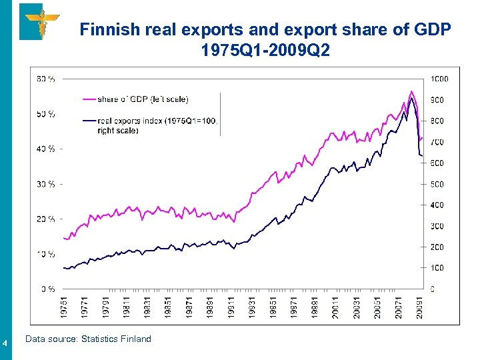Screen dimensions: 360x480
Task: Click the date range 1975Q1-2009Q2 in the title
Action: tap(265, 51)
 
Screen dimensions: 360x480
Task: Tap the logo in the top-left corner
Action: tap(39, 21)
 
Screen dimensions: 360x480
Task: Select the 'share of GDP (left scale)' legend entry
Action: tap(143, 99)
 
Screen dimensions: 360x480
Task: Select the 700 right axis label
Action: tap(437, 142)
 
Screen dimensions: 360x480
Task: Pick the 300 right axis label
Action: tap(437, 226)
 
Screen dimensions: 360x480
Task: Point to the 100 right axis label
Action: tap(437, 268)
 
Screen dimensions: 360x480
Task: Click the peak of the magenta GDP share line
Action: tap(411, 91)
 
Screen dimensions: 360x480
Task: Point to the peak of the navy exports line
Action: tap(412, 99)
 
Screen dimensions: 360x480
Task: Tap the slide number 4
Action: tap(5, 343)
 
